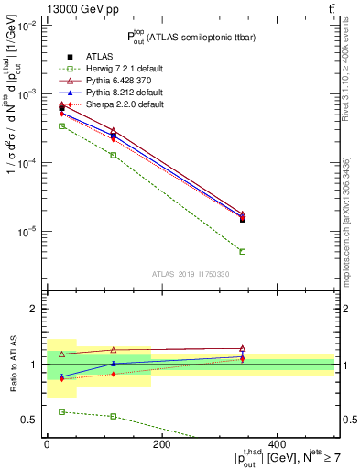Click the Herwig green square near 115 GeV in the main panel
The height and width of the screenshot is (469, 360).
coord(114,156)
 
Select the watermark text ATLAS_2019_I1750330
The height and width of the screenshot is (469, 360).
coord(190,274)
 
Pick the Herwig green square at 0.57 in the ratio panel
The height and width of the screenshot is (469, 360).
coord(62,412)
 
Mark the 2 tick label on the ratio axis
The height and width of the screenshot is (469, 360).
coord(32,310)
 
